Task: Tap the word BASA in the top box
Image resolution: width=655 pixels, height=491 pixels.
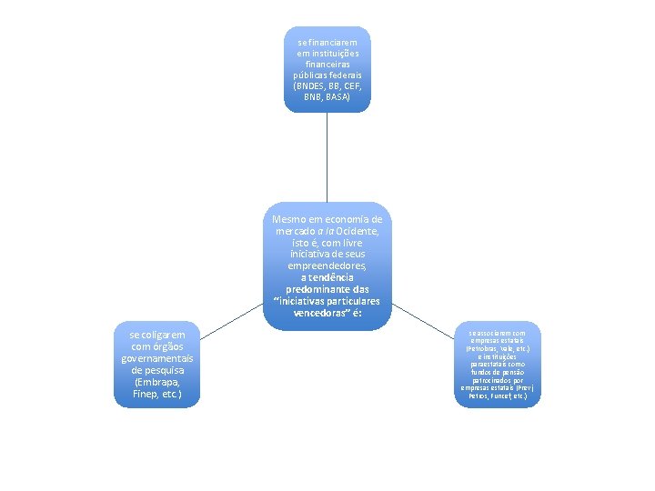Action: pos(338,95)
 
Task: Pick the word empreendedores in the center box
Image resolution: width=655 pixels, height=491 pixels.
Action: pos(326,266)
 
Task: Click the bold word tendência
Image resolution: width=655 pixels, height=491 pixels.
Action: pos(332,277)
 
